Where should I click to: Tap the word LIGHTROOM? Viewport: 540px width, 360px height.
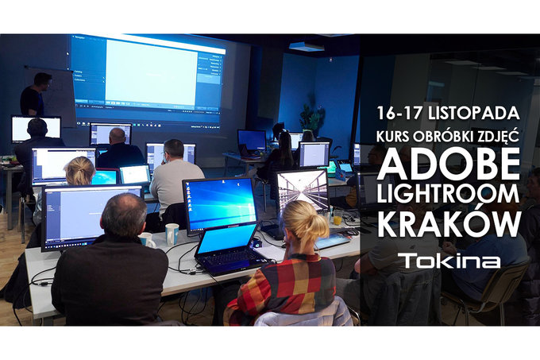point(448,195)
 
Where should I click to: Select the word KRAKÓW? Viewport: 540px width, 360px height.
point(448,225)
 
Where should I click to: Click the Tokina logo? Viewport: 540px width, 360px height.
point(449,261)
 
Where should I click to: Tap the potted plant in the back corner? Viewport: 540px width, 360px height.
point(311,118)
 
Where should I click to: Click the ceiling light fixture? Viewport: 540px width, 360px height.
point(306,47)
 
